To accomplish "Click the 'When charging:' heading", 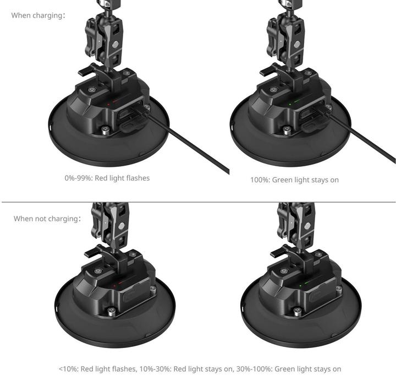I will click(38, 15).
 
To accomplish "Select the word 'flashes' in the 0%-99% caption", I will click(137, 178).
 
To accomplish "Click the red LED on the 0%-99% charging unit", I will click(109, 102).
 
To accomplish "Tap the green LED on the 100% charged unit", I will click(290, 103).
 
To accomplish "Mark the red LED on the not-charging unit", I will click(114, 286).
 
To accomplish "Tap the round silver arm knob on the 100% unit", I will click(297, 44).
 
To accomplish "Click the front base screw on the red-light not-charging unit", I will click(112, 311).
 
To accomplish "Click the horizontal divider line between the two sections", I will click(198, 202).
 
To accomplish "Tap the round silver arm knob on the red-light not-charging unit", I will click(121, 226).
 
